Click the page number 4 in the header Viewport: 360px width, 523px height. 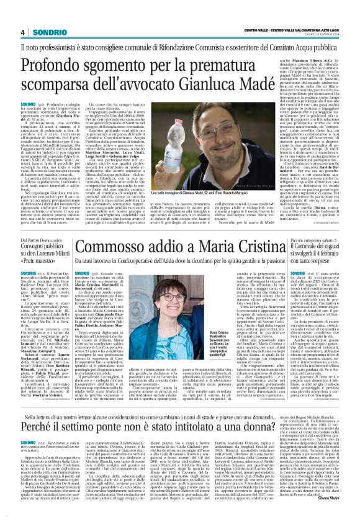click(x=23, y=33)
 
